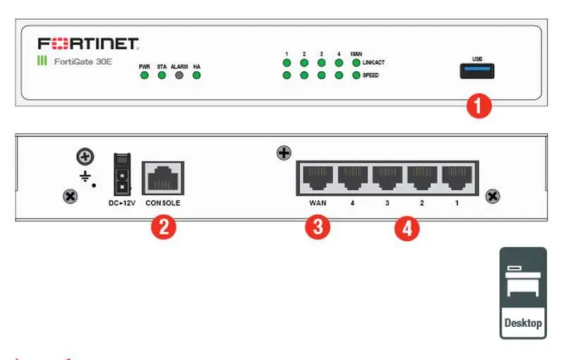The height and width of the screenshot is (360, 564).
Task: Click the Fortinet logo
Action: pyautogui.click(x=88, y=43)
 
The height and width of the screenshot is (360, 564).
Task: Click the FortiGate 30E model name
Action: pyautogui.click(x=82, y=61)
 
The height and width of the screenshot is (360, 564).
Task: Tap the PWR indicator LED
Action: pyautogui.click(x=145, y=75)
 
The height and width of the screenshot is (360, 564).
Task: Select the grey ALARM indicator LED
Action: pyautogui.click(x=179, y=75)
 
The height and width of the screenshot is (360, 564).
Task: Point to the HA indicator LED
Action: pyautogui.click(x=197, y=75)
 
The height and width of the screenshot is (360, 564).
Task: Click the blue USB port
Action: pyautogui.click(x=477, y=70)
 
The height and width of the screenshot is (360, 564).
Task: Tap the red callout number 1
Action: pyautogui.click(x=479, y=106)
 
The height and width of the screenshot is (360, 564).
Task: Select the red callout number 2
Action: pyautogui.click(x=163, y=227)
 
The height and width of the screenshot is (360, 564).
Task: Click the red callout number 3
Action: pyautogui.click(x=317, y=228)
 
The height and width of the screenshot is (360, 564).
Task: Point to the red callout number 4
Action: pyautogui.click(x=406, y=228)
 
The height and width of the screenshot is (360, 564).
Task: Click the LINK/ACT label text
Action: pyautogui.click(x=374, y=63)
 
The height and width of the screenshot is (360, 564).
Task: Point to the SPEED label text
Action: pyautogui.click(x=371, y=75)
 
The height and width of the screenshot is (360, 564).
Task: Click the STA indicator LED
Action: pyautogui.click(x=161, y=75)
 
